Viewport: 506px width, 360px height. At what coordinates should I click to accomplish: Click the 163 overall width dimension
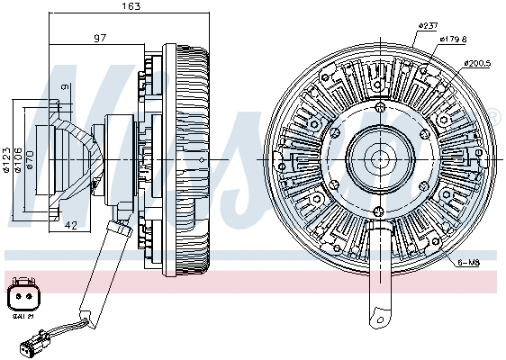tap(131, 7)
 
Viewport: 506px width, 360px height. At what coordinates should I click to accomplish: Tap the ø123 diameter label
tap(7, 158)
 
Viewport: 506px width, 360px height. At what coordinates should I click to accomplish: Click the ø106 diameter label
tap(18, 158)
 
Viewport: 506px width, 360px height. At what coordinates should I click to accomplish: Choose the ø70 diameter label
tap(30, 158)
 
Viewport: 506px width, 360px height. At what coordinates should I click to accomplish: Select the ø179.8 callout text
tap(453, 40)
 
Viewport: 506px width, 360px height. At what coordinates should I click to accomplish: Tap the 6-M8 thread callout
tap(468, 262)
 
